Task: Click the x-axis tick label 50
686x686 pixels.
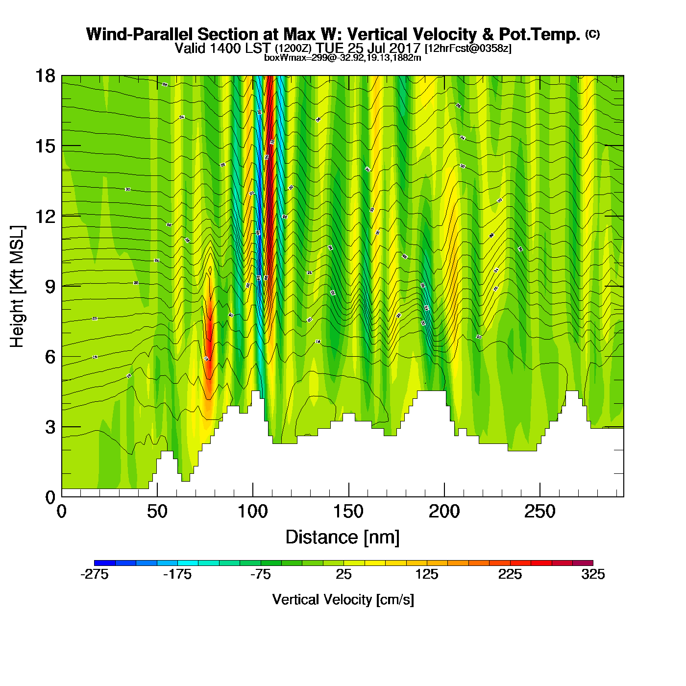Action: [x=157, y=512]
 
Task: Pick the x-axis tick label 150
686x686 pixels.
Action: [x=348, y=512]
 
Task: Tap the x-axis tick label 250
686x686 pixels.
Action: [x=540, y=512]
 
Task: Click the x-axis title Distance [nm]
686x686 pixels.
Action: [x=343, y=538]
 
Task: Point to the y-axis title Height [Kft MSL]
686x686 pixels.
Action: [x=17, y=287]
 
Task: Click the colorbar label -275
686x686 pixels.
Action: [x=94, y=574]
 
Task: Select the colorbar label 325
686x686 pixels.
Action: [x=593, y=574]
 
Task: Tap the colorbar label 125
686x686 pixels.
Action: [x=427, y=574]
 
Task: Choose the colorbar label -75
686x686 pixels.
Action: [x=260, y=574]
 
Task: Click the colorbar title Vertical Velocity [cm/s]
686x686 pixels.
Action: [x=343, y=600]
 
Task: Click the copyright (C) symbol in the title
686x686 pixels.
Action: [x=592, y=34]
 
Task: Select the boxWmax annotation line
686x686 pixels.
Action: [x=343, y=58]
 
